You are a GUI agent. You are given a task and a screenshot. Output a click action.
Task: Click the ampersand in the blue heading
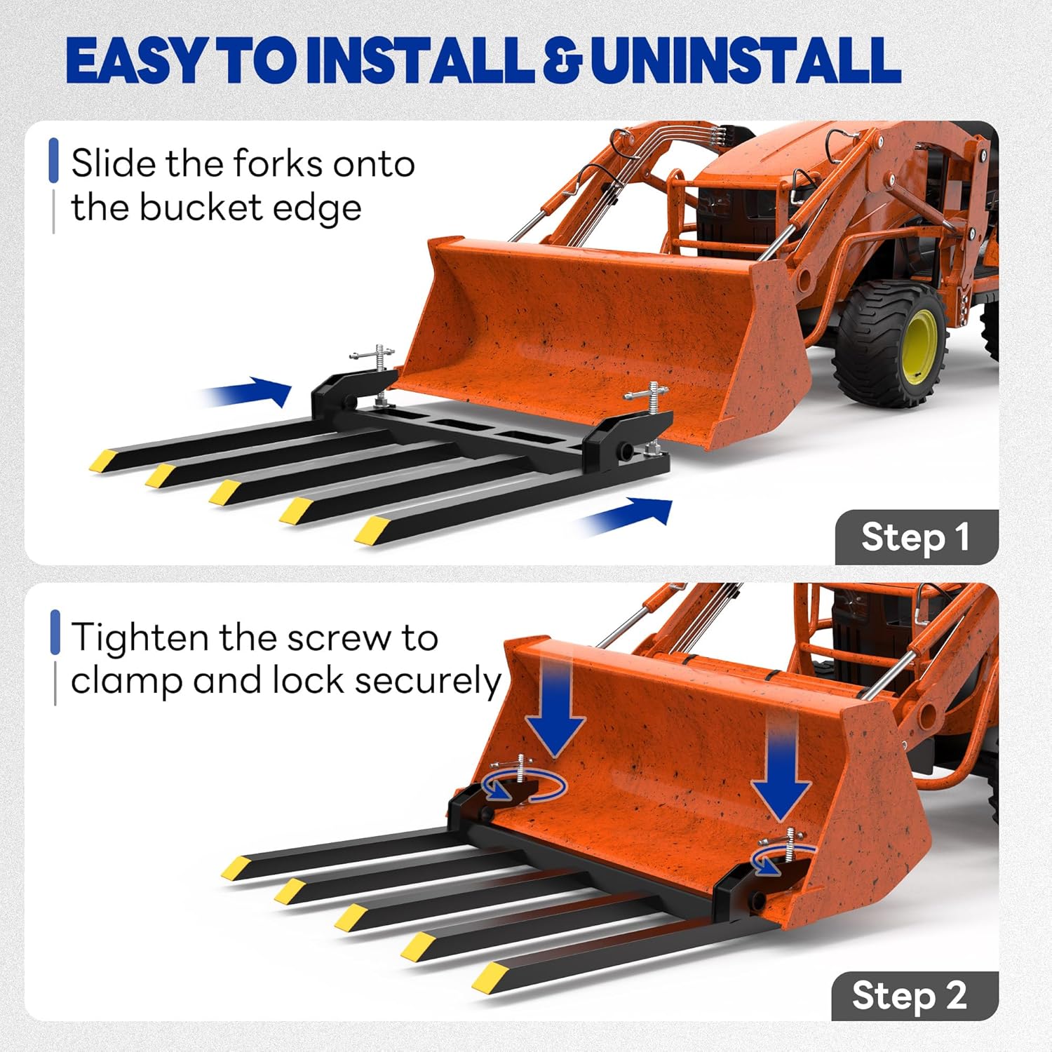(x=562, y=61)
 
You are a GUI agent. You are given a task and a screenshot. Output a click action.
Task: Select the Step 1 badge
(x=916, y=537)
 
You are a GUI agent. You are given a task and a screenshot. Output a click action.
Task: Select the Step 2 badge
(x=914, y=996)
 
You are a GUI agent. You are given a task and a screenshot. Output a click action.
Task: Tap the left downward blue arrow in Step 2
(x=555, y=708)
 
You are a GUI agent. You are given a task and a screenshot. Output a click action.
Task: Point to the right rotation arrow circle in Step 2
(x=780, y=859)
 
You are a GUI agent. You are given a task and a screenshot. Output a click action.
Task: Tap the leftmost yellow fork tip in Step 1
(x=103, y=460)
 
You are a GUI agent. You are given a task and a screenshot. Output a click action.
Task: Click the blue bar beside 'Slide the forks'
(x=53, y=161)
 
